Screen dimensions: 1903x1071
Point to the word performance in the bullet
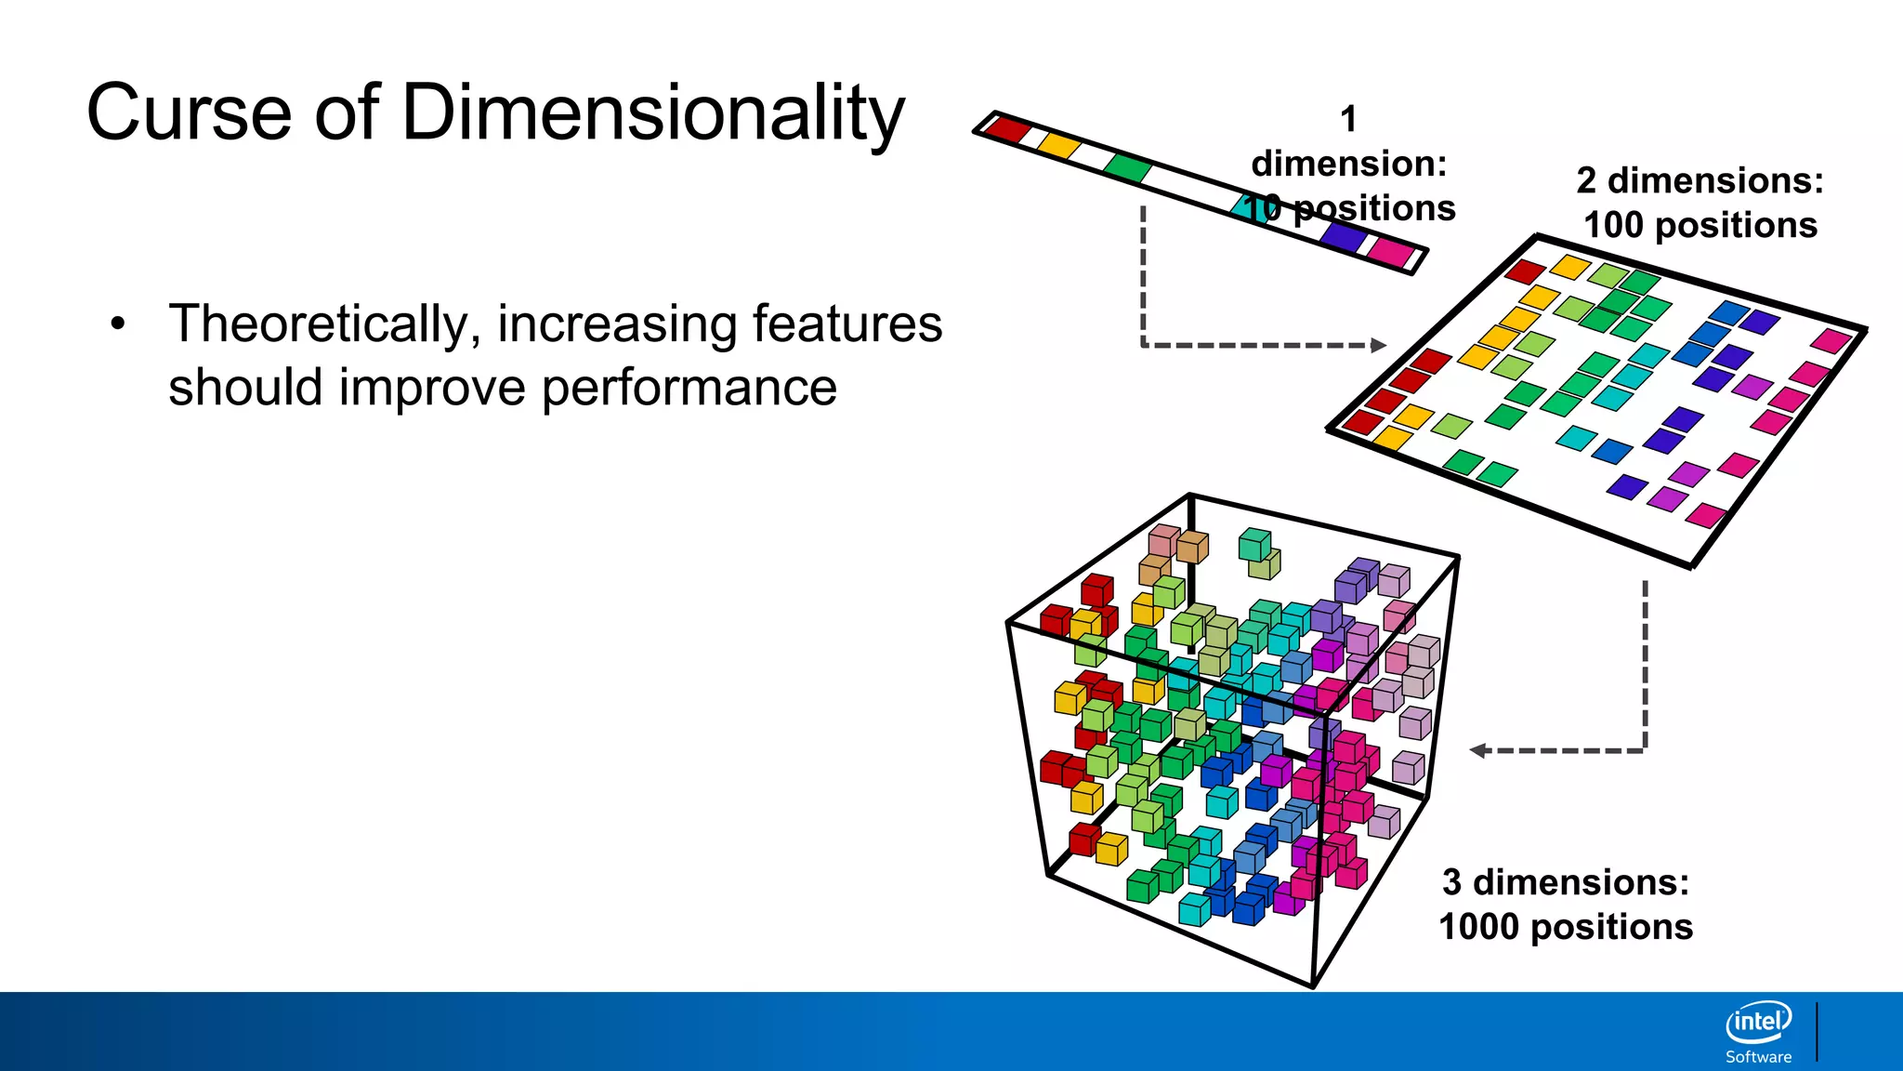click(689, 387)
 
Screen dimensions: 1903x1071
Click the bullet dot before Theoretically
click(117, 324)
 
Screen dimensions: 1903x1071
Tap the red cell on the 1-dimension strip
click(1007, 127)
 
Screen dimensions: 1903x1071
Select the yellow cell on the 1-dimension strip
click(1058, 144)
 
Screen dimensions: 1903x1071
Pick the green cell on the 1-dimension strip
click(1128, 168)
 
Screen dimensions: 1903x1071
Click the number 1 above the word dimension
click(1348, 119)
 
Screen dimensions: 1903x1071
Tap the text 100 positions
click(1700, 225)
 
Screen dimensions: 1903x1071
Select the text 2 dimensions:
click(1700, 180)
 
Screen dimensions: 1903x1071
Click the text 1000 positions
click(1566, 927)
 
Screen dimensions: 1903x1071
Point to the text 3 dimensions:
click(1566, 882)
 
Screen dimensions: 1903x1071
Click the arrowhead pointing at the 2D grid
click(1379, 345)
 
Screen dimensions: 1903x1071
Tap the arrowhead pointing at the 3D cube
click(1478, 750)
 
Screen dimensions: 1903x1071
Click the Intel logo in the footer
click(1758, 1023)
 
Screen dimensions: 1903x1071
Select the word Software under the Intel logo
click(1758, 1057)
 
